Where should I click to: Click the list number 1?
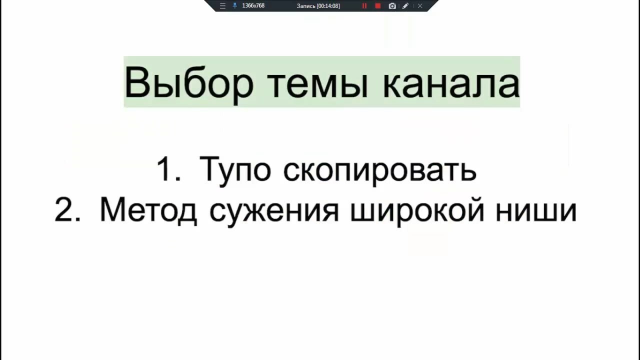[168, 168]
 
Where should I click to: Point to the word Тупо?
[235, 171]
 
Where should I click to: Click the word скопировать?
[379, 171]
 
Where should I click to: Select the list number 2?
[67, 209]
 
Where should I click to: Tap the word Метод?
[148, 211]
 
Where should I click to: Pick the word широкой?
[417, 211]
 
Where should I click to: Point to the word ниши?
[536, 211]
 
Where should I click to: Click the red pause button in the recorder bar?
[364, 5]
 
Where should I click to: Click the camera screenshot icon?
[392, 5]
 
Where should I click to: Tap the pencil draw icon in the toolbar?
[405, 5]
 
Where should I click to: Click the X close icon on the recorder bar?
[420, 5]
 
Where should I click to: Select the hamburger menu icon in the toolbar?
[222, 5]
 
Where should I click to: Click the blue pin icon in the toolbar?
[235, 5]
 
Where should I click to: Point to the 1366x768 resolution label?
[253, 5]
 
